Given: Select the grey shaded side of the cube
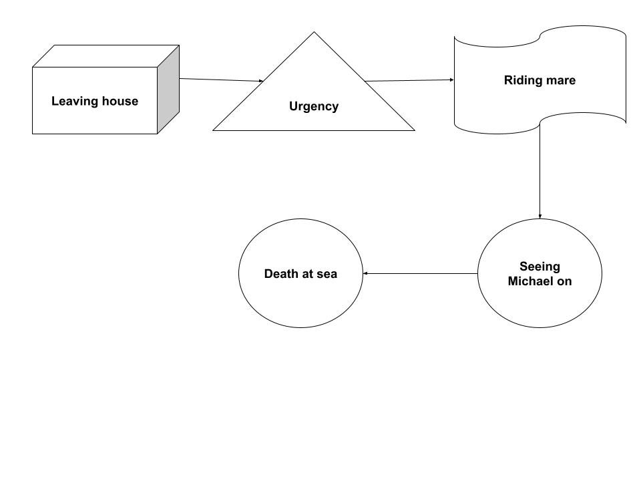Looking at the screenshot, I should coord(168,90).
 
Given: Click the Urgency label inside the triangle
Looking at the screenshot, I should coord(313,106).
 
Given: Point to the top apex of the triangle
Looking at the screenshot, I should coord(314,33).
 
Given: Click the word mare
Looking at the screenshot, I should coord(560,81).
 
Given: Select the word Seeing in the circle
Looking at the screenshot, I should coord(540,267).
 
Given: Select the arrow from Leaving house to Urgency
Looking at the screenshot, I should coord(220,79).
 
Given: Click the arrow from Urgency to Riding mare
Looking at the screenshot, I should coord(409,81).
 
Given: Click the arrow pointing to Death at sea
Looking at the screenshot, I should coord(421,273).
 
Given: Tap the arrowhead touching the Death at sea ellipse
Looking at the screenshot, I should coord(366,273).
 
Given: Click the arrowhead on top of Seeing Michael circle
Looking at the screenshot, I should coord(540,216).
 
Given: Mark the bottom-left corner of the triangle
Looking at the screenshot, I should coord(214,130).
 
